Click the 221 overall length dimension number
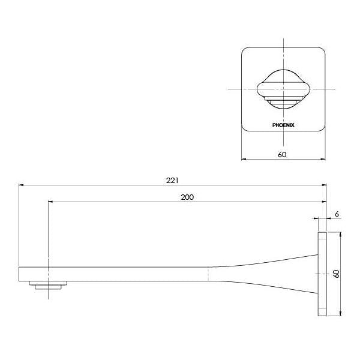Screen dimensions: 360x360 click(173, 179)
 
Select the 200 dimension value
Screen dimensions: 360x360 click(187, 196)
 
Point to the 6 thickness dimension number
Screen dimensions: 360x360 click(338, 214)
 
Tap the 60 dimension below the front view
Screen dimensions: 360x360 click(283, 154)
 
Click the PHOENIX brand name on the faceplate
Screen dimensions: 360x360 click(283, 125)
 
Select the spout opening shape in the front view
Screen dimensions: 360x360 click(283, 89)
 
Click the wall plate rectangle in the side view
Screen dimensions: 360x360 click(322, 274)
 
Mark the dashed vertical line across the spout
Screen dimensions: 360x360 click(208, 274)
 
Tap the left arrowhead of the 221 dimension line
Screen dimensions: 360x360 click(22, 185)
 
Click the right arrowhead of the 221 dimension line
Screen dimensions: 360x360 click(324, 185)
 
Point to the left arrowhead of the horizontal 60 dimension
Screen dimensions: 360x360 click(244, 160)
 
